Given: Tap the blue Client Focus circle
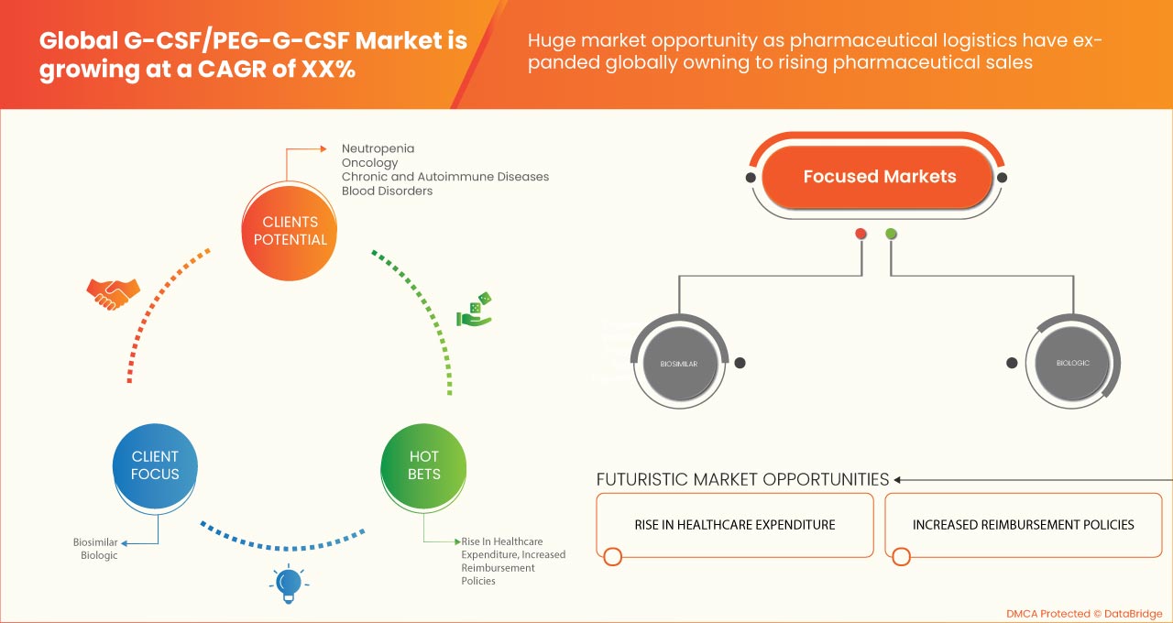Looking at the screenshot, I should pos(155,465).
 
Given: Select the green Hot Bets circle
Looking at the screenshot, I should pos(423,465).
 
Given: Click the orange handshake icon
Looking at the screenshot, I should pos(113,293).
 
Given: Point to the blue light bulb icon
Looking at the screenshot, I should pos(289,584).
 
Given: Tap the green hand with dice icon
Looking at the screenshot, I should pos(474,311).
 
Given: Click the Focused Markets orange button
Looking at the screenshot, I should pos(878,177).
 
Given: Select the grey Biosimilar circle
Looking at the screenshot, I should pos(678,364).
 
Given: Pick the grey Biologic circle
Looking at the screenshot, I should pos(1072,363).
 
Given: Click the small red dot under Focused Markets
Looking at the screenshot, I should pos(861,234).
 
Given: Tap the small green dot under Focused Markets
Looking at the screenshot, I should pos(891,234).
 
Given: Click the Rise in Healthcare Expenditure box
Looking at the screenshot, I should pos(734,525).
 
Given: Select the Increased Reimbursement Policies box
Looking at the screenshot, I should pos(1023,525).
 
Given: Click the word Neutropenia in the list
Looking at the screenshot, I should pos(378,148).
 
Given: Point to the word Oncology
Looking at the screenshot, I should pos(369,162).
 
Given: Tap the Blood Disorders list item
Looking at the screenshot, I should pos(387,191).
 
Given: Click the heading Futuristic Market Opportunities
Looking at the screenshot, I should pos(742,479).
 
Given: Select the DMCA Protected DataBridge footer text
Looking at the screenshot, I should pos(1082,613).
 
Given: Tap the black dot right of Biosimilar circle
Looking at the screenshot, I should pos(740,363).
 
